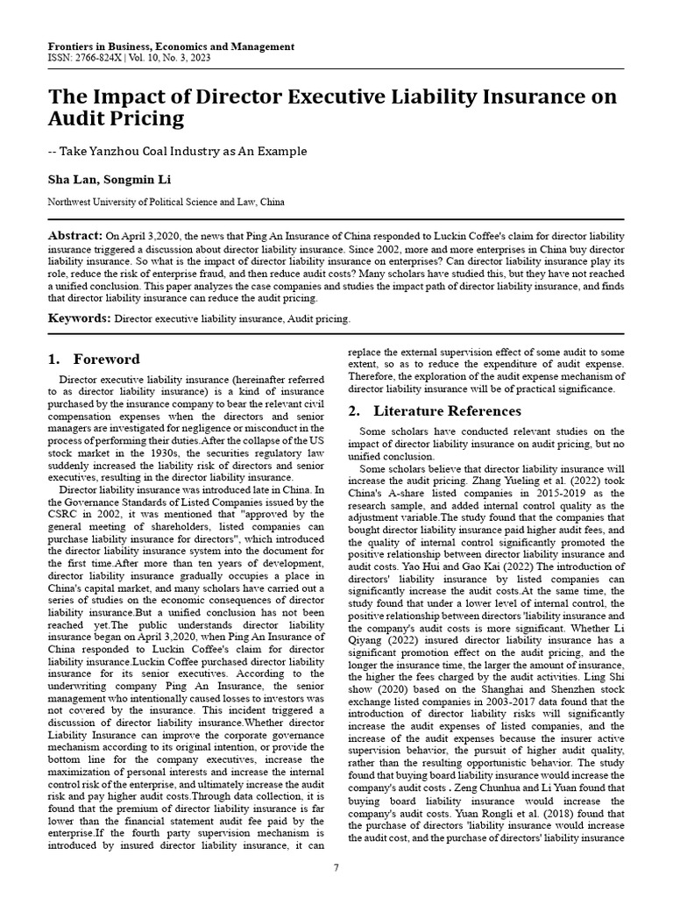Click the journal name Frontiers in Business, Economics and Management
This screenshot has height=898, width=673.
point(159,46)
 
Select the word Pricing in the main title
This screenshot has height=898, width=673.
point(139,118)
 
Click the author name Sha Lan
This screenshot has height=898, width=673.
point(70,180)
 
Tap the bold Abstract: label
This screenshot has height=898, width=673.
point(74,238)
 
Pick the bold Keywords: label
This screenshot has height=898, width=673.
point(79,318)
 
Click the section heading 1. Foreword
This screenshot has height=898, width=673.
point(94,360)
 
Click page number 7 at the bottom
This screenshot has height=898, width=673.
point(336,867)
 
